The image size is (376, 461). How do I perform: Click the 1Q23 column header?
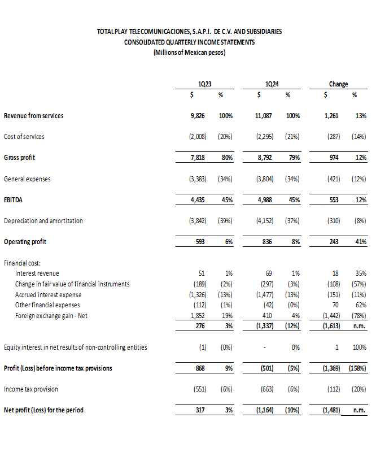(205, 84)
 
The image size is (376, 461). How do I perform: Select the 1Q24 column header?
(272, 84)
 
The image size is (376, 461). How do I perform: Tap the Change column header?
(338, 84)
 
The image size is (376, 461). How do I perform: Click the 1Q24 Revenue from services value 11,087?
(264, 116)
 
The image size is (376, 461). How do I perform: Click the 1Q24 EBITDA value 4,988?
(264, 200)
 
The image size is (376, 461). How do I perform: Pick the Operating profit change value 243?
(334, 242)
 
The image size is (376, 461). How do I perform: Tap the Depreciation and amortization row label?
(43, 221)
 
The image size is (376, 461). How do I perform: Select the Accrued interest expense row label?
(48, 295)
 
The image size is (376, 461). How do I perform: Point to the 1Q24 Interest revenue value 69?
(269, 273)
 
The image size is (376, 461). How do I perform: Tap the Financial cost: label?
(22, 263)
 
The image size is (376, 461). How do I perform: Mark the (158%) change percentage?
(356, 368)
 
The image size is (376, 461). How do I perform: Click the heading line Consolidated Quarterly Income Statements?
(189, 42)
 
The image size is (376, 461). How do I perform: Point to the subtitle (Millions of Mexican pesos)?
(189, 53)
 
